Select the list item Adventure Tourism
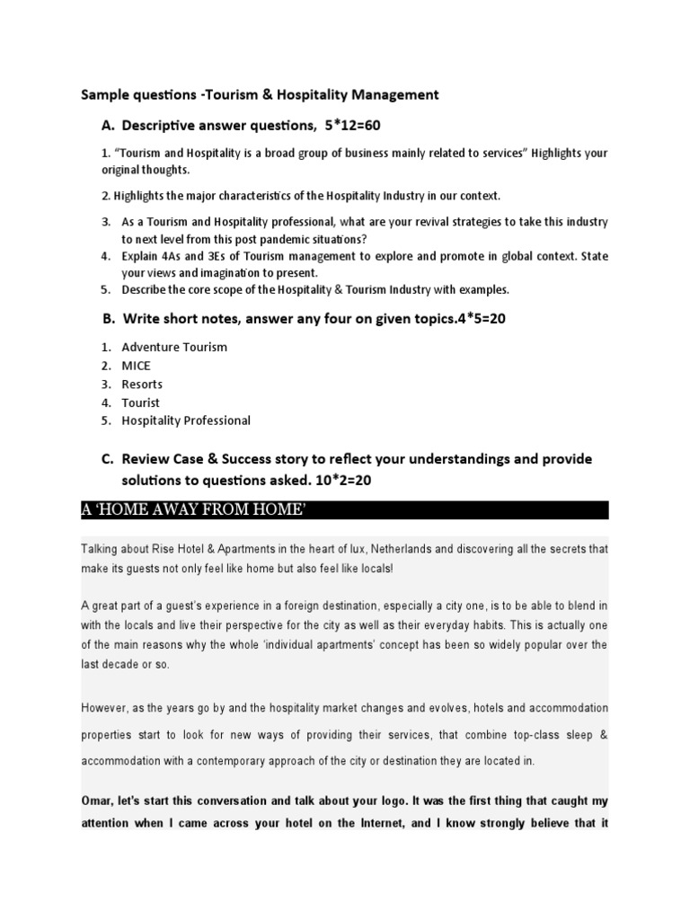click(174, 347)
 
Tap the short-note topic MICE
click(137, 366)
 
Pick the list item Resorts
click(143, 384)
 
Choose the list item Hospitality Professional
click(186, 420)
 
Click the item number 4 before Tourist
click(105, 402)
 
